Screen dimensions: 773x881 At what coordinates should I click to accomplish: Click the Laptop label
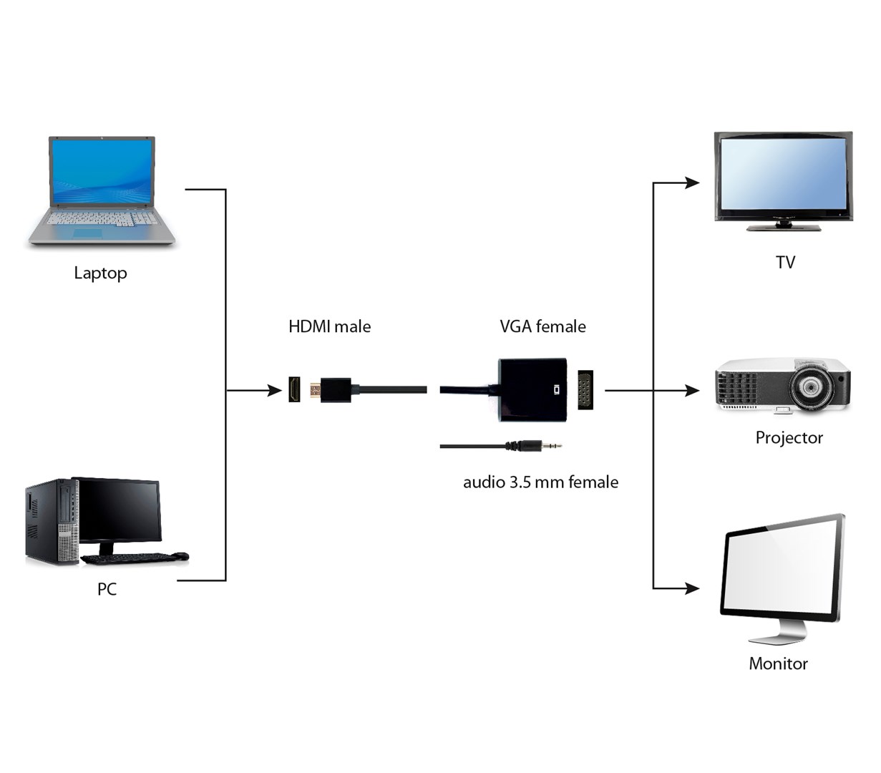(100, 273)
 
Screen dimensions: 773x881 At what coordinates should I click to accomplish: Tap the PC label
(107, 589)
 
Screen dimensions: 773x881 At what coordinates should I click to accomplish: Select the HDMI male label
(329, 327)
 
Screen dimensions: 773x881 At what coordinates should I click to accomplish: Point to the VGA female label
(542, 327)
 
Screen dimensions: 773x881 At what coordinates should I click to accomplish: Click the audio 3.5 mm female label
(540, 482)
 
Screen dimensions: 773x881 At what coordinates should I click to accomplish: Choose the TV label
(785, 263)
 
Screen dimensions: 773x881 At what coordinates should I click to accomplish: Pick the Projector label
(789, 438)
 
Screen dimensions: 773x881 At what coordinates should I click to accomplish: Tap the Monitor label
(778, 663)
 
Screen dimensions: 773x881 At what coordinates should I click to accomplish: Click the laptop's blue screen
(102, 172)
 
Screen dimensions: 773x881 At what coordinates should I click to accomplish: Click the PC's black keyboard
(129, 558)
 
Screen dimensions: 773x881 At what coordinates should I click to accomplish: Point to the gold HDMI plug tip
(315, 391)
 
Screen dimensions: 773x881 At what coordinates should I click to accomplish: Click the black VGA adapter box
(532, 389)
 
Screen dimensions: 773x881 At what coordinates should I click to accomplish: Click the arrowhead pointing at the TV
(692, 183)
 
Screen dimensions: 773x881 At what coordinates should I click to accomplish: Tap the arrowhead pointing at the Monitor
(692, 588)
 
